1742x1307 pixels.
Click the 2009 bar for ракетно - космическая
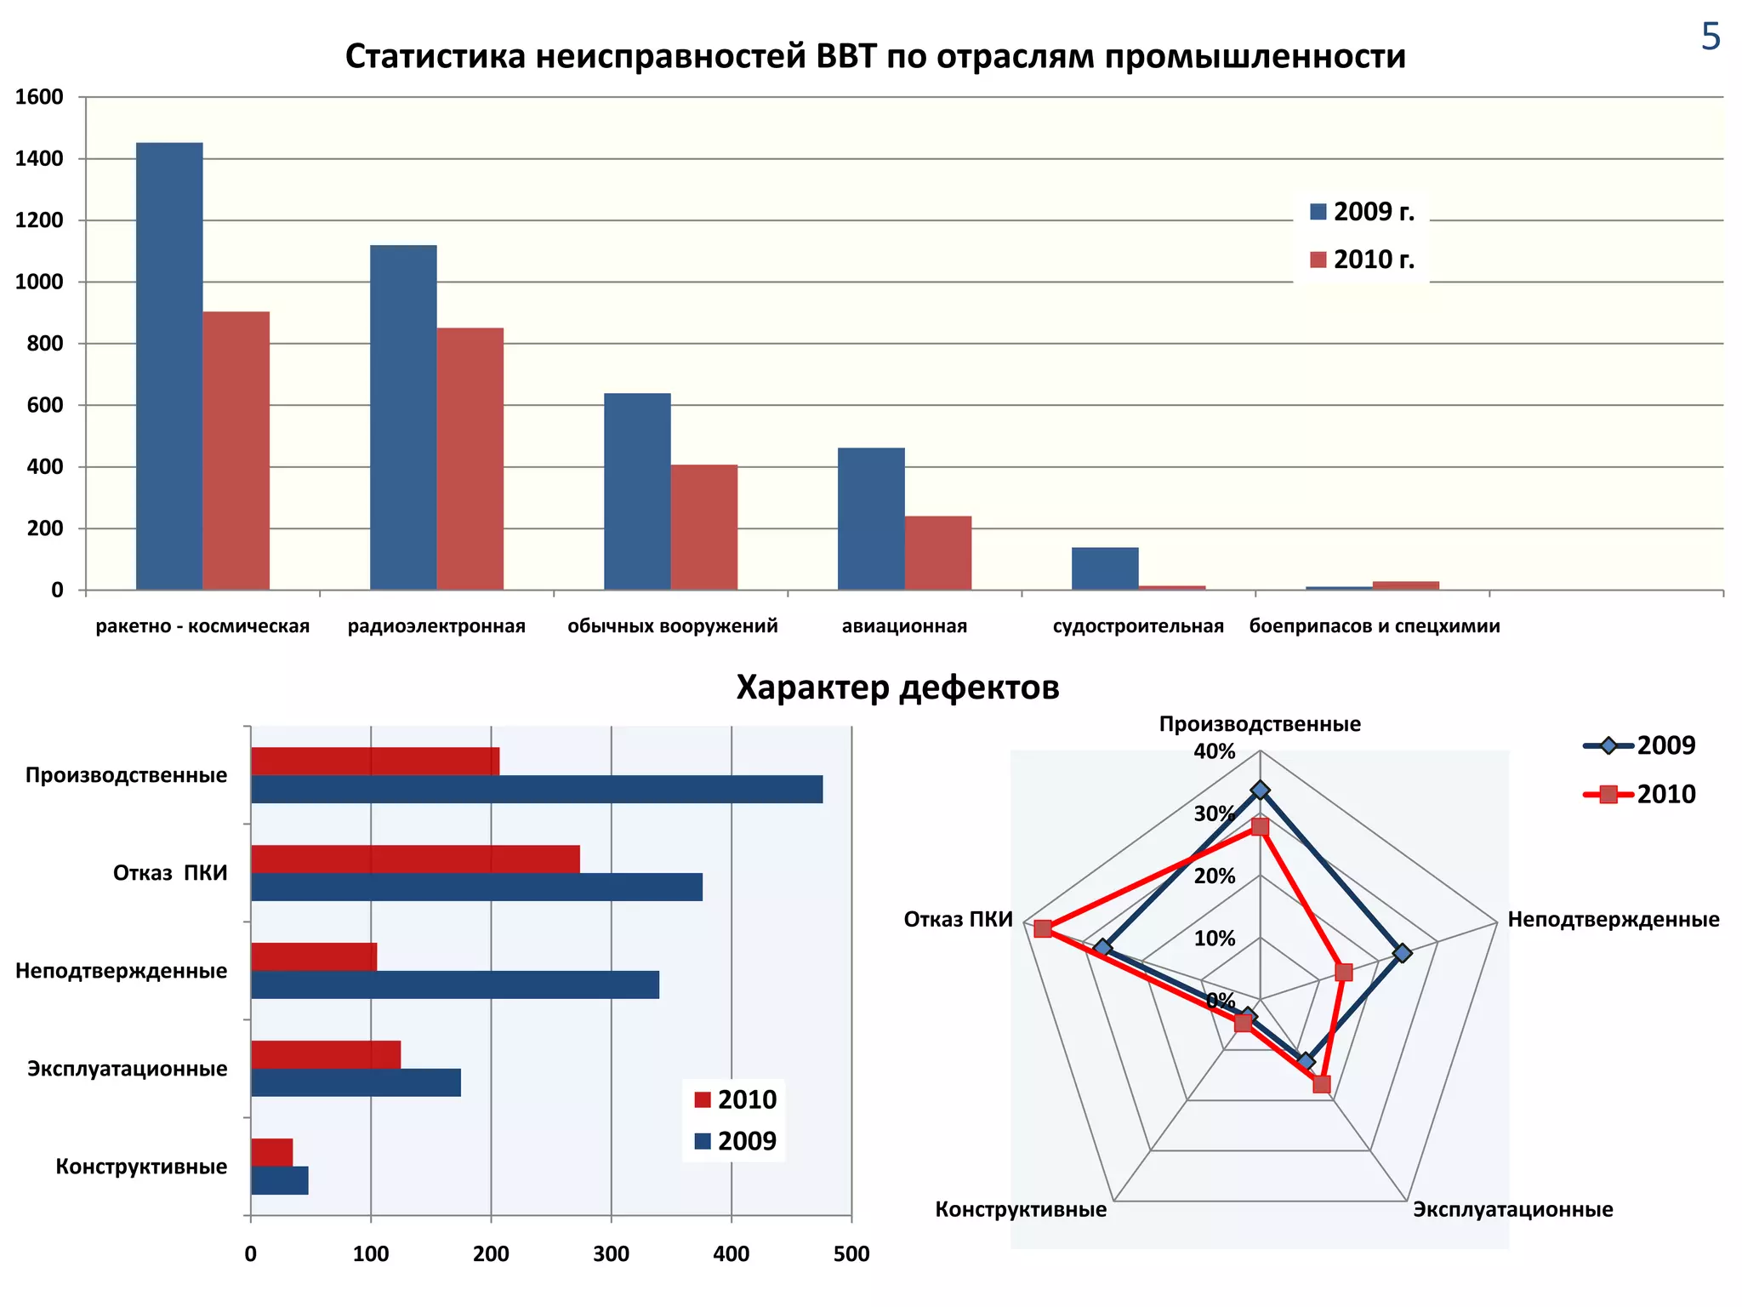point(169,366)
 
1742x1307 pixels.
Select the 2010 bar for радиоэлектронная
point(470,459)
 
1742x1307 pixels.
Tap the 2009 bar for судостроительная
point(1104,568)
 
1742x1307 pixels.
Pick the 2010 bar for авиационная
point(937,553)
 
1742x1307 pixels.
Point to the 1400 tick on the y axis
point(40,159)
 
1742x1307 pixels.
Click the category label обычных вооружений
point(672,626)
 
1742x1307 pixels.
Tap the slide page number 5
point(1711,37)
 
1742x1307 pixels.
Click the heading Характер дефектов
point(897,688)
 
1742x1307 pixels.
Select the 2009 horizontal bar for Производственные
point(536,790)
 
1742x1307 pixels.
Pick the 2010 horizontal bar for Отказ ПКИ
point(415,859)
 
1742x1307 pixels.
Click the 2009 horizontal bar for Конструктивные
point(279,1180)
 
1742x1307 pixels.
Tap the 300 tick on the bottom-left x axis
point(611,1254)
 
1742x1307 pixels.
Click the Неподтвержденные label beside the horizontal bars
point(122,971)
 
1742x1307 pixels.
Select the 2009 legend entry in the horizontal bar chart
point(737,1141)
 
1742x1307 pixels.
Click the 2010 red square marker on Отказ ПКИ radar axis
point(1043,928)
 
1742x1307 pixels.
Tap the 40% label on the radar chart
point(1214,751)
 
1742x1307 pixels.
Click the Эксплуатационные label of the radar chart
point(1512,1209)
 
